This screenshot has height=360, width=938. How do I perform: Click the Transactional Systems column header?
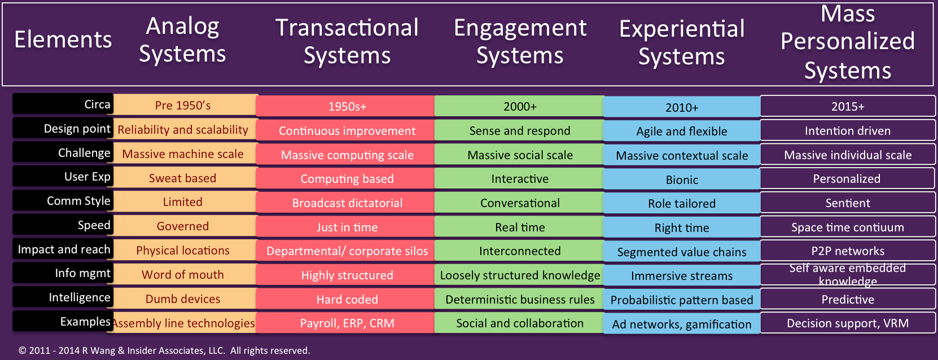[x=347, y=41]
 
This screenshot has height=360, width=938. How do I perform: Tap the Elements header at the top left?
[x=63, y=39]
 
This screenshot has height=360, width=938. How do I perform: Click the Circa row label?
[x=63, y=104]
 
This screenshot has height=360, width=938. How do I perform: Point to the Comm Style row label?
[x=63, y=200]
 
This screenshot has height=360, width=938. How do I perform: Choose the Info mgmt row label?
[x=63, y=273]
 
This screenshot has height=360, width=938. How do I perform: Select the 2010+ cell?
[x=682, y=107]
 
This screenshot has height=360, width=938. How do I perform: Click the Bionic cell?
[x=682, y=179]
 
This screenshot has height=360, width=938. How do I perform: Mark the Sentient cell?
[x=848, y=203]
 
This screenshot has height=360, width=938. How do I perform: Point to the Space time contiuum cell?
[x=848, y=227]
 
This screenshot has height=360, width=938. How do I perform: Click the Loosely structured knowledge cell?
[x=520, y=275]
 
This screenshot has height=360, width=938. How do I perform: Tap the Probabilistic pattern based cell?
[x=682, y=300]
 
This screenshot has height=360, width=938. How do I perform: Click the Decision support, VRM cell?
[x=848, y=323]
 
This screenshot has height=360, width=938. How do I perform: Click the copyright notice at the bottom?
[x=164, y=350]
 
